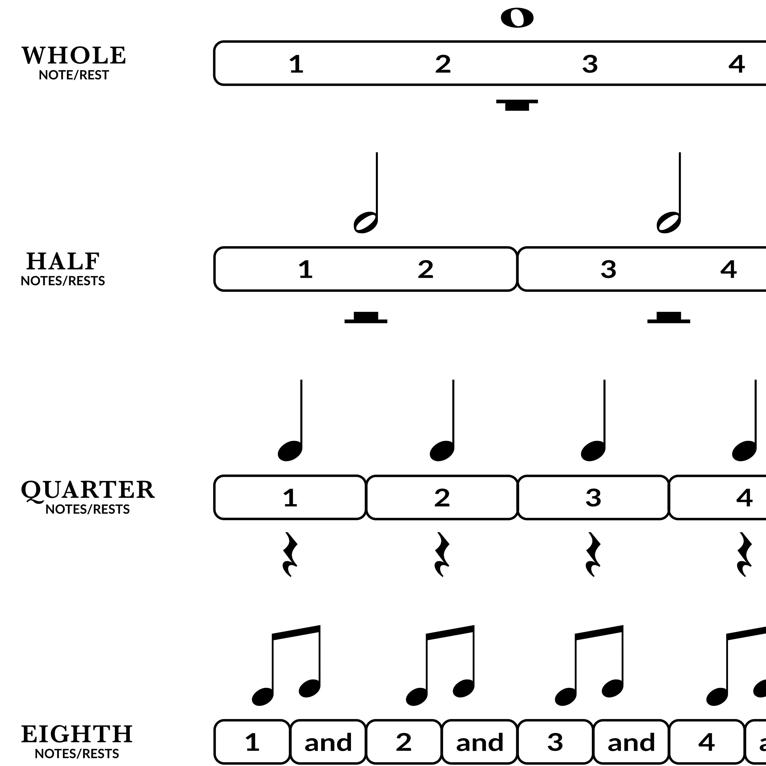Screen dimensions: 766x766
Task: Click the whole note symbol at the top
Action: pos(517,18)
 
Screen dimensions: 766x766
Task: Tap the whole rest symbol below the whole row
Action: pos(517,105)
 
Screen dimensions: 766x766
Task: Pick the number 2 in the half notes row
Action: pos(425,270)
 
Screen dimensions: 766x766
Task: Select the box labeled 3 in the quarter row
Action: pos(593,498)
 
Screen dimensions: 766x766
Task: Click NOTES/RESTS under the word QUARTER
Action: pos(88,509)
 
